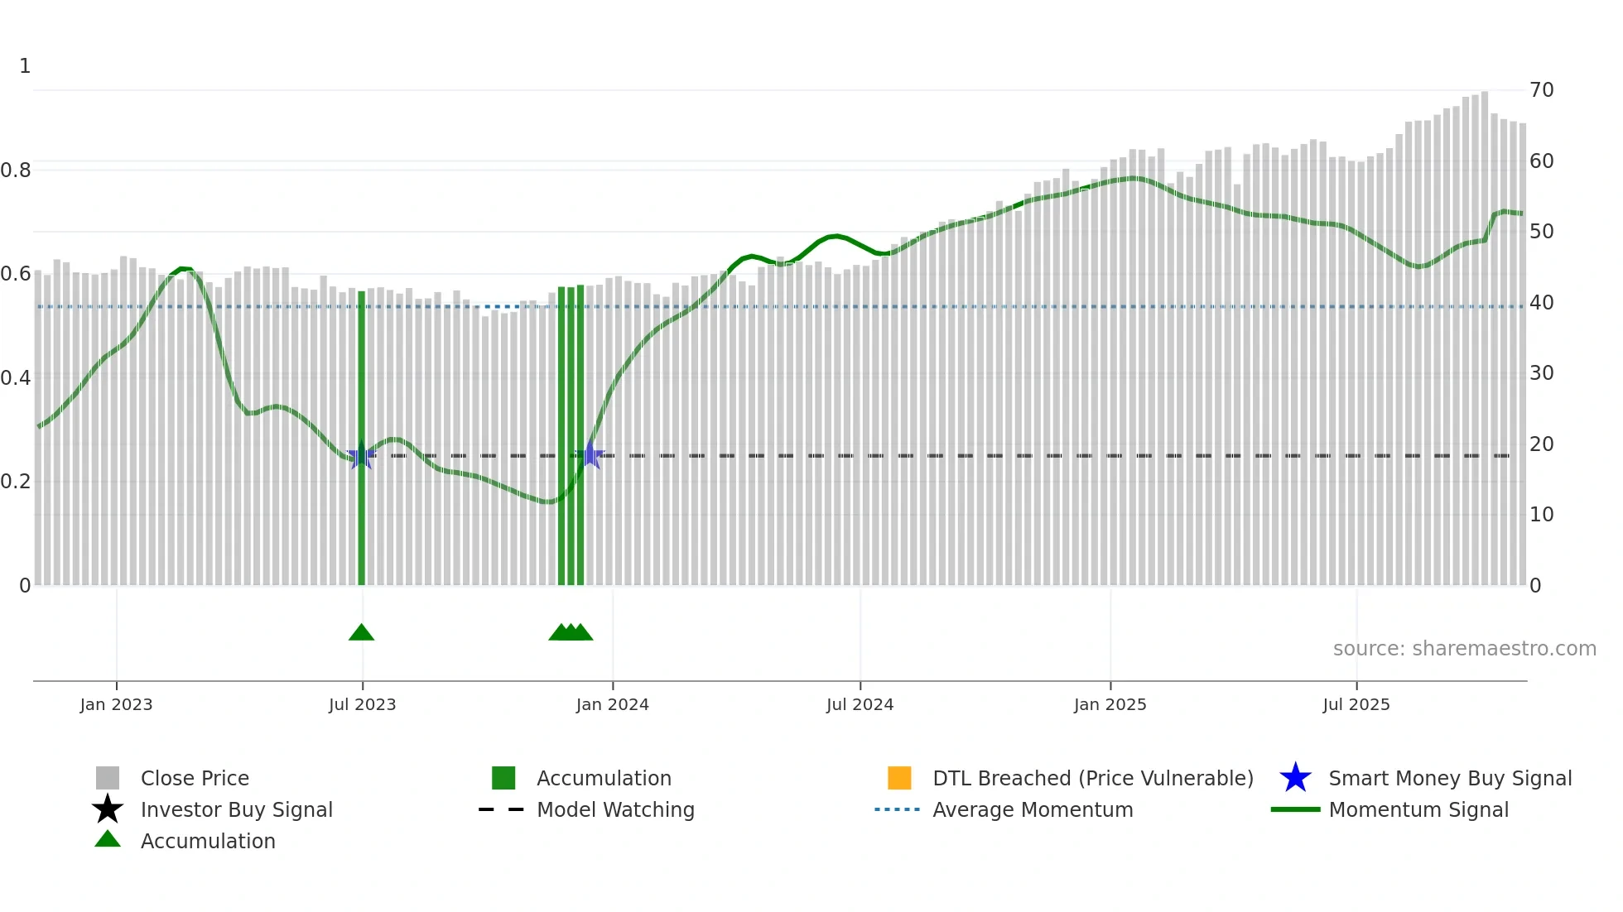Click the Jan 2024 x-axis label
point(612,704)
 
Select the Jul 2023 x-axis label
point(362,704)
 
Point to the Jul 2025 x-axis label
point(1356,704)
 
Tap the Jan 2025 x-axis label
point(1110,704)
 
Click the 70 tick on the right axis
point(1541,90)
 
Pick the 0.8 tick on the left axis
point(16,170)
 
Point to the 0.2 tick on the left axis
point(16,482)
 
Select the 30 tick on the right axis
point(1541,373)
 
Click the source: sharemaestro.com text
point(1464,649)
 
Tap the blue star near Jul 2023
point(361,456)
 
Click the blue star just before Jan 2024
point(590,454)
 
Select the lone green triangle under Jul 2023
point(361,633)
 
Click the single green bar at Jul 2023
point(361,439)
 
